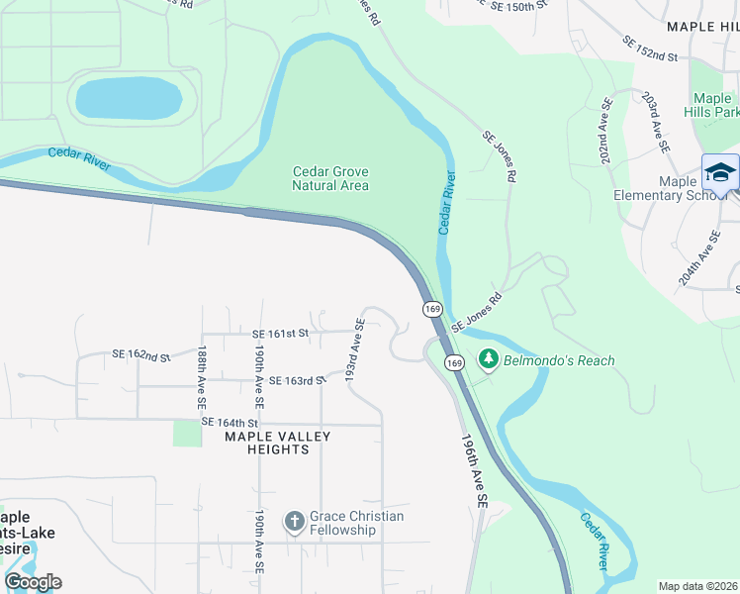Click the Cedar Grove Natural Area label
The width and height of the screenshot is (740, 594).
(x=330, y=178)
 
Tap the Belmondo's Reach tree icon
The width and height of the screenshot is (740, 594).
(x=487, y=360)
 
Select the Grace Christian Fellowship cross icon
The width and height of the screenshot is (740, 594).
(x=294, y=522)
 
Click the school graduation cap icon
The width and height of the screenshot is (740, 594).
(x=720, y=173)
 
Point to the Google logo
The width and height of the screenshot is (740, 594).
(x=33, y=582)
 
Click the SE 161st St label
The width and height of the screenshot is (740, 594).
(x=281, y=335)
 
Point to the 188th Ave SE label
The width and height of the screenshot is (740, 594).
(x=201, y=377)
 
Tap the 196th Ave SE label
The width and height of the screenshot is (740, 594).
(x=475, y=471)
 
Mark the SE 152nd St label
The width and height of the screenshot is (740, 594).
(x=649, y=49)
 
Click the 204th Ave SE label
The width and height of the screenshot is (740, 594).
(x=699, y=259)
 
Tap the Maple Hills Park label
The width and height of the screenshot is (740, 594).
(x=712, y=105)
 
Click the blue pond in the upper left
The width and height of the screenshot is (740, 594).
(x=129, y=98)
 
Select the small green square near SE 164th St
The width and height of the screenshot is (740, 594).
(x=187, y=433)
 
